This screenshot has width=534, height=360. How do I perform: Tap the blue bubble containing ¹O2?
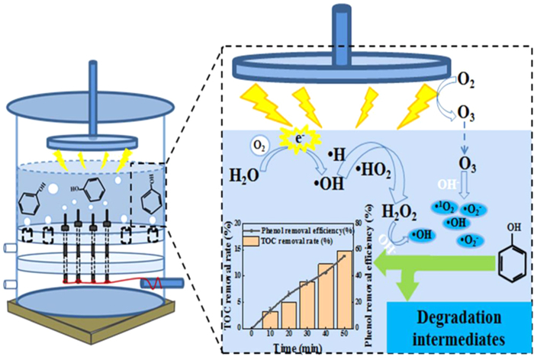click(425, 206)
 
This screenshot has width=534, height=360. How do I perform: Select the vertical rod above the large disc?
click(358, 30)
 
